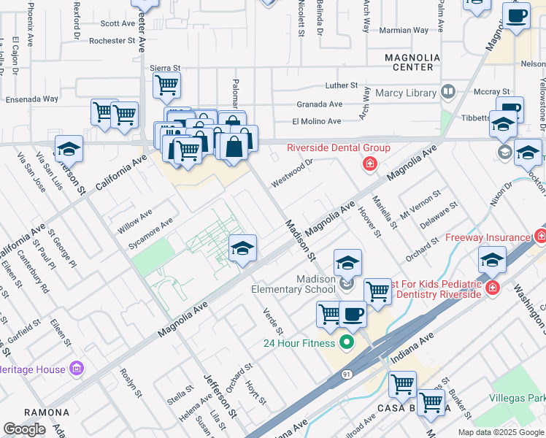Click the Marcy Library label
coord(407,93)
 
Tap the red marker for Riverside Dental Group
coord(370,163)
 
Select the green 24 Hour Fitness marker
coord(347,342)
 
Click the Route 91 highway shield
coord(347,374)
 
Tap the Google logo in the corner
coord(24,429)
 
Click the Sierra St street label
coord(164,67)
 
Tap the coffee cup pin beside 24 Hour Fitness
coord(353,314)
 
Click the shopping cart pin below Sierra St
coord(166,85)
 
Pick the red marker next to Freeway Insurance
coord(540,236)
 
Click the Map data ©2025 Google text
coord(501,432)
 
